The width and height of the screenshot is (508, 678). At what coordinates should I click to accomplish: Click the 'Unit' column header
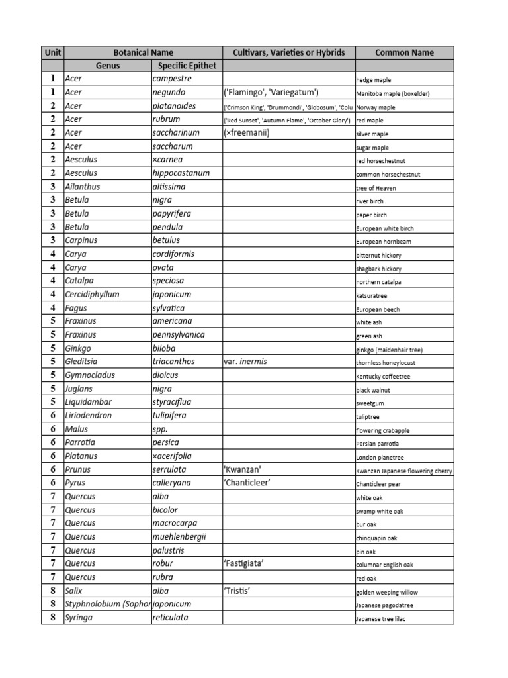point(52,52)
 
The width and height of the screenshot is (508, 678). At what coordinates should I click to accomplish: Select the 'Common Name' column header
point(404,52)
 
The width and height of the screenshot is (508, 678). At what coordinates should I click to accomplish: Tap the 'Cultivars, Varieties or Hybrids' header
point(288,52)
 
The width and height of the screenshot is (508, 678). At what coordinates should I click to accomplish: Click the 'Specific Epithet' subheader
point(187,66)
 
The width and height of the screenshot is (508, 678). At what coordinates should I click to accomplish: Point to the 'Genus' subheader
point(108,66)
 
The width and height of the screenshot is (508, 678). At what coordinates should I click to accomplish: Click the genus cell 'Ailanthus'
point(83,187)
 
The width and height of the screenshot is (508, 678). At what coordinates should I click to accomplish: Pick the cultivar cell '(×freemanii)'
point(247,133)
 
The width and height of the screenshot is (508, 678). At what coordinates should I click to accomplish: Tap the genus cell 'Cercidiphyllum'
point(92,295)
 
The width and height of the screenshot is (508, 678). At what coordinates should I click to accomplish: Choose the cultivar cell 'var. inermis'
point(245,362)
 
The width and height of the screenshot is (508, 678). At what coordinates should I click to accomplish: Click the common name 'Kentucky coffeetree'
point(383,376)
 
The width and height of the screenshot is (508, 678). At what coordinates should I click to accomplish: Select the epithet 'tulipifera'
point(169,416)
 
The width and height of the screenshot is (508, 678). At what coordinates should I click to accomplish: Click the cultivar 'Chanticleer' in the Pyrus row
point(247,483)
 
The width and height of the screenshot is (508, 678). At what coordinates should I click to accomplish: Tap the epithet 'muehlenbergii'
point(179,537)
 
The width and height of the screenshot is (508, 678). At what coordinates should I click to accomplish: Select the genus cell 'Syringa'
point(79,618)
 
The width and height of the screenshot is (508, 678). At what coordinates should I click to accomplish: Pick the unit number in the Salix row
point(52,591)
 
